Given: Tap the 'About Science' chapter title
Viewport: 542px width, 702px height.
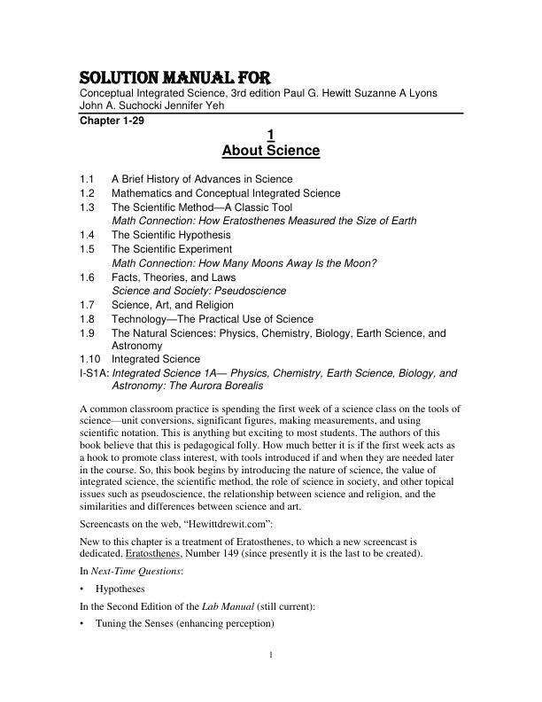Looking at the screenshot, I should [x=270, y=151].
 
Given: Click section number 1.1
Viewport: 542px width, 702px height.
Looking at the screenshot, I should [x=87, y=179].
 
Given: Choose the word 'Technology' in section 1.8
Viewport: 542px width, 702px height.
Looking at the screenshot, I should [x=140, y=318].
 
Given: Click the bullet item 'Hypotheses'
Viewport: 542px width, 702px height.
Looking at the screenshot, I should [x=120, y=588].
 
